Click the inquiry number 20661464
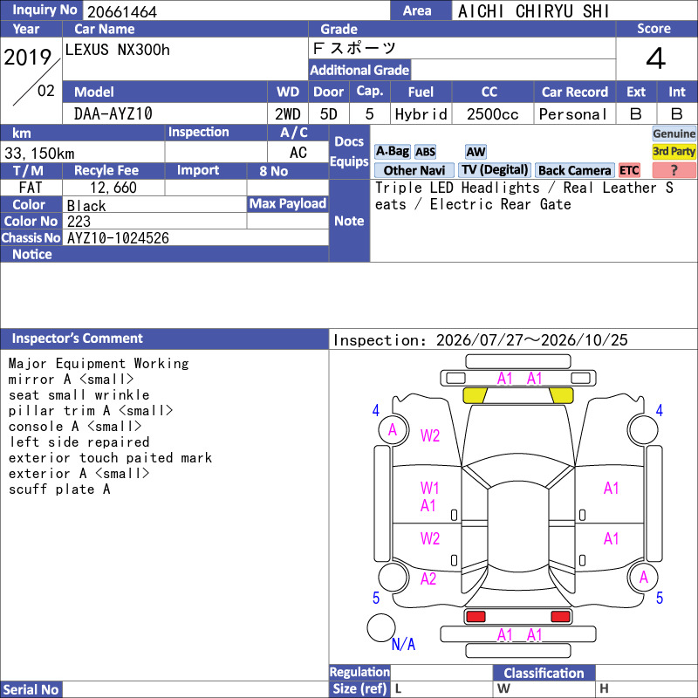click(122, 11)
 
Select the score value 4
click(656, 58)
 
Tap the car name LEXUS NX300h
click(118, 50)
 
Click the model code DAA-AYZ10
click(113, 114)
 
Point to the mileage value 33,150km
click(39, 154)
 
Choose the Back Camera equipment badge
click(574, 170)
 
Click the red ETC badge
click(629, 170)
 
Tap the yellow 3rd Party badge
click(674, 151)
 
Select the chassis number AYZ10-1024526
click(118, 238)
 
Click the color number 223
click(79, 222)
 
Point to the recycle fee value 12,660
click(113, 188)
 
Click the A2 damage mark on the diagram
click(428, 578)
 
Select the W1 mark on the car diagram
click(429, 488)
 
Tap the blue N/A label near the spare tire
click(403, 644)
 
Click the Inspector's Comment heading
click(77, 339)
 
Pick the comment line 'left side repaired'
click(79, 442)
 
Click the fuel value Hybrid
click(421, 114)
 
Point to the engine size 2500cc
click(492, 114)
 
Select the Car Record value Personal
click(573, 114)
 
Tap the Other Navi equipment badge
click(414, 170)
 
